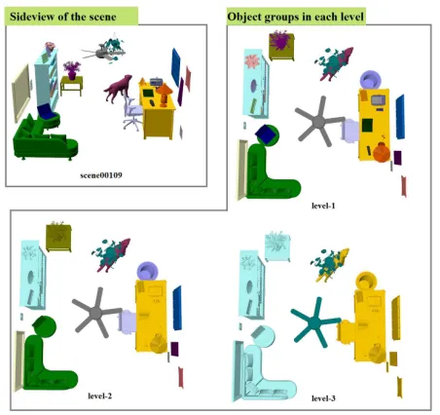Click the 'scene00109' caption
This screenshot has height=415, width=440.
(x=101, y=175)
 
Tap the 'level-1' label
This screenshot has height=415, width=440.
(x=323, y=206)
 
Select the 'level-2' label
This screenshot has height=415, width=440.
(x=100, y=396)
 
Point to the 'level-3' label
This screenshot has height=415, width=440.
(x=323, y=398)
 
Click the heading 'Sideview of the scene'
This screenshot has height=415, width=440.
(x=63, y=17)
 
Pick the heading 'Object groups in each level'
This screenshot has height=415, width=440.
(x=296, y=17)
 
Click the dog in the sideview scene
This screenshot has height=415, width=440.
(x=118, y=89)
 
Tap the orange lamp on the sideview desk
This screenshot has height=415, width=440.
(x=165, y=94)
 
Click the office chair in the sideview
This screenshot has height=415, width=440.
(x=132, y=112)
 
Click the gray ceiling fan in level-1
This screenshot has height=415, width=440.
(x=319, y=122)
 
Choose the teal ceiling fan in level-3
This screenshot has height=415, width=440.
(x=315, y=322)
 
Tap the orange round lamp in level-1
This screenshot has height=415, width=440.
(x=382, y=152)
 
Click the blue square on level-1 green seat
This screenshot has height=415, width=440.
(x=266, y=134)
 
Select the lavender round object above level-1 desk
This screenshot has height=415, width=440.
(x=371, y=80)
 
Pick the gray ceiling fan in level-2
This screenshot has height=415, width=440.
(x=96, y=313)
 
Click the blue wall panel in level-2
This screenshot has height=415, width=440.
(x=177, y=308)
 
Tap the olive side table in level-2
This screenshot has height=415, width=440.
(x=58, y=238)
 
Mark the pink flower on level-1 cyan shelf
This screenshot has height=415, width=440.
(x=251, y=61)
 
